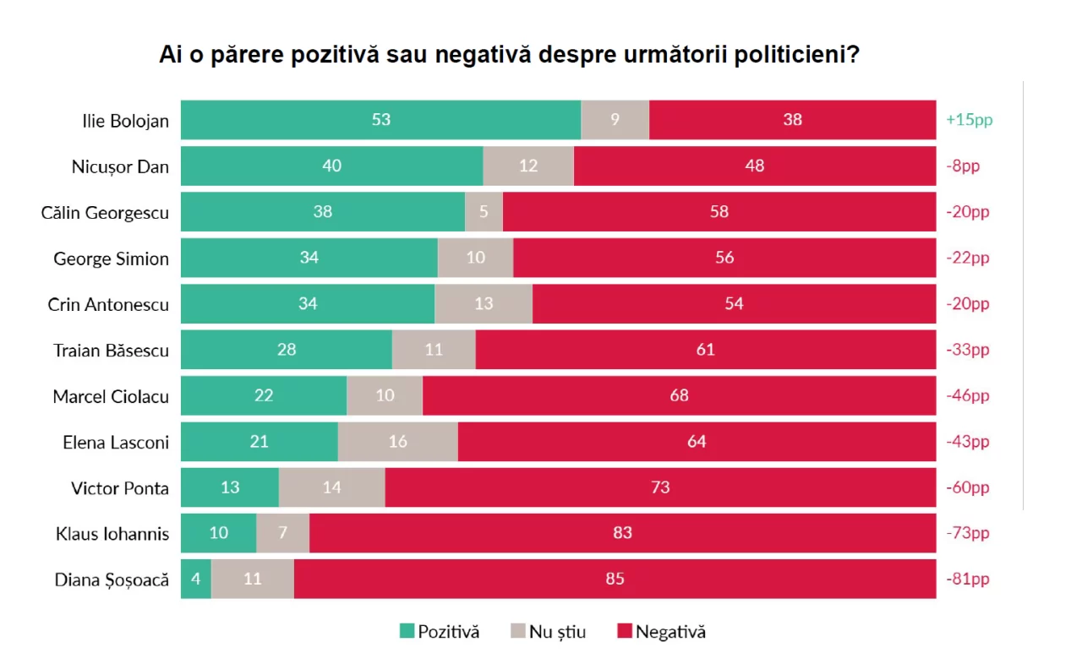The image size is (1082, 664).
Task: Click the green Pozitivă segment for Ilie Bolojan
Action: point(380,120)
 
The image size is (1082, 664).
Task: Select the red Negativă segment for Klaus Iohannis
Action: point(622,533)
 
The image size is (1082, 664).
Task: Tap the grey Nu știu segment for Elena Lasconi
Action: point(397,441)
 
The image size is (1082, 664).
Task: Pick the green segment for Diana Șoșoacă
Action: point(196,579)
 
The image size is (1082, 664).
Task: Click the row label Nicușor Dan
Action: point(120,166)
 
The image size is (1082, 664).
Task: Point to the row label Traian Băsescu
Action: point(111,350)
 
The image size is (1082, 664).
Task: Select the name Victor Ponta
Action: point(120,487)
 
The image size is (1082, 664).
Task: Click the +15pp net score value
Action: point(969,120)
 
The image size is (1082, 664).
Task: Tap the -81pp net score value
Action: point(967,579)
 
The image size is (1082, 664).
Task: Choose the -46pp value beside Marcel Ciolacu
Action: point(967,395)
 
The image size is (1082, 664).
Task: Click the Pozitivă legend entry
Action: point(440,632)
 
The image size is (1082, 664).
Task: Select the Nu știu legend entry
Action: point(548,632)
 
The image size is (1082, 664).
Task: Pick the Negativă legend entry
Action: point(661,632)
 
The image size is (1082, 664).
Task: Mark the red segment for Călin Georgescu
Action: point(719,212)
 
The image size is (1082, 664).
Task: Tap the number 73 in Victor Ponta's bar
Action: point(660,487)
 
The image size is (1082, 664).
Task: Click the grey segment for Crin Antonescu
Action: point(484,303)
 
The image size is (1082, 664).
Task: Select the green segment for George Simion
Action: point(309,258)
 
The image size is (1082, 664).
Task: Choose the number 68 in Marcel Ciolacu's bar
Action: point(679,395)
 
